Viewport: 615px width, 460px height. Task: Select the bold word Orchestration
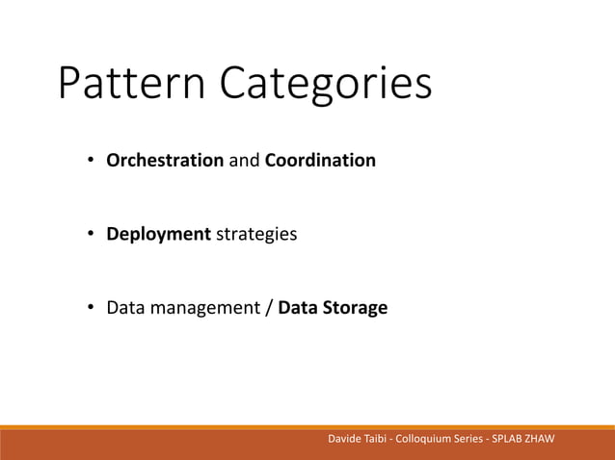click(165, 160)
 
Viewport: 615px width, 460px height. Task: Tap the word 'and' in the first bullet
click(244, 160)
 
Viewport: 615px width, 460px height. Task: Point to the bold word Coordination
click(320, 160)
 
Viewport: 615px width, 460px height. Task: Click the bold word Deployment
click(158, 234)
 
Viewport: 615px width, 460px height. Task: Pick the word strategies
click(254, 234)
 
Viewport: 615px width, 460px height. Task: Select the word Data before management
click(124, 309)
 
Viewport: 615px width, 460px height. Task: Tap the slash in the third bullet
click(269, 309)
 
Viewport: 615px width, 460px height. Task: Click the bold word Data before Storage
click(297, 309)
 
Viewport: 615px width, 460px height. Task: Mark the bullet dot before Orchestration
click(90, 160)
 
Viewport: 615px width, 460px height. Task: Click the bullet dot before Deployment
click(90, 234)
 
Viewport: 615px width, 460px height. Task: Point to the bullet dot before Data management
click(90, 309)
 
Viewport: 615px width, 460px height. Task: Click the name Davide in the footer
click(346, 440)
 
